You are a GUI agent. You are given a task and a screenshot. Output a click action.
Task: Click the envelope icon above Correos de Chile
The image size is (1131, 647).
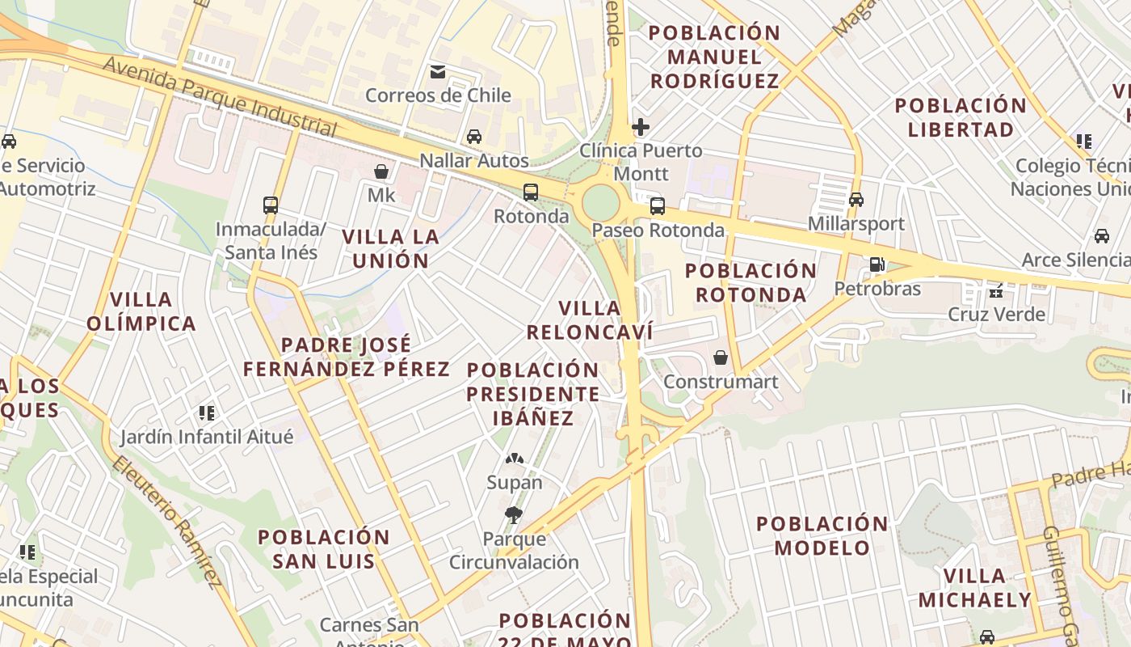(x=438, y=72)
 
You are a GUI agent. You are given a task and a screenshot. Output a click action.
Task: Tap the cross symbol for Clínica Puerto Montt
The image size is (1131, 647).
(x=641, y=127)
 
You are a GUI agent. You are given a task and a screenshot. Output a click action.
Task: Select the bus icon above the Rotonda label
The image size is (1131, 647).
(x=531, y=192)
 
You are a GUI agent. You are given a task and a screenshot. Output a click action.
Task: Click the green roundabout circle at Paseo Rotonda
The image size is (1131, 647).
(x=600, y=202)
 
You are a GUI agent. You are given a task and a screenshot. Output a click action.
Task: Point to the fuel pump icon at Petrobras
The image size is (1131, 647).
(x=877, y=264)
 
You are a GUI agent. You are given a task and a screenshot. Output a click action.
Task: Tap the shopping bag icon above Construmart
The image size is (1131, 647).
(x=721, y=357)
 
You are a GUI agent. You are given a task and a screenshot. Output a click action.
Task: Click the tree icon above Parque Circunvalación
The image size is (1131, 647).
(x=514, y=514)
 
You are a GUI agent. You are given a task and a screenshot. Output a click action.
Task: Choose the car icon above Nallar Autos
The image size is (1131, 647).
(x=474, y=137)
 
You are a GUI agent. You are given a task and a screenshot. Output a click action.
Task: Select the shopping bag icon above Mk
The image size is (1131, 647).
(x=381, y=171)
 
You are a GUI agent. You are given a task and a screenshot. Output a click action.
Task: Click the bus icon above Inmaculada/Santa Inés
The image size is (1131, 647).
(x=271, y=205)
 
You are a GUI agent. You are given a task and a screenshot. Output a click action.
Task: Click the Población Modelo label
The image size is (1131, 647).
(x=822, y=535)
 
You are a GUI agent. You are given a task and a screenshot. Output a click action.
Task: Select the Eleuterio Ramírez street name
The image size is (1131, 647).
(x=166, y=522)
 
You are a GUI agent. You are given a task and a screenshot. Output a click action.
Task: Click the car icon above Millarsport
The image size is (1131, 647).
(x=856, y=200)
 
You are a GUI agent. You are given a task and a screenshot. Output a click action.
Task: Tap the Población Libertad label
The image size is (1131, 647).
(x=961, y=117)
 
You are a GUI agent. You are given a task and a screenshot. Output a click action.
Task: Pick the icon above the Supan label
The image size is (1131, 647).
(x=514, y=459)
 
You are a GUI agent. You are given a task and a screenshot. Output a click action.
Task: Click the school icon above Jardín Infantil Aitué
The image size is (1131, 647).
(x=207, y=413)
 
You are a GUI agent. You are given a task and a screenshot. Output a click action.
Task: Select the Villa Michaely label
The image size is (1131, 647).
(x=975, y=588)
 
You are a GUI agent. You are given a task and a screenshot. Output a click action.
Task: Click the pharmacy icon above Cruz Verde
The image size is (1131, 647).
(x=996, y=290)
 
